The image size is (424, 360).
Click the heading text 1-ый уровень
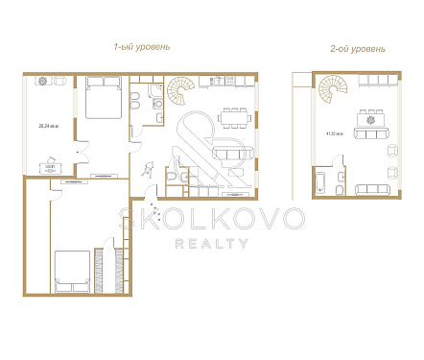pos(143,46)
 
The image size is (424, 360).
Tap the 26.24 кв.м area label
pos(45,126)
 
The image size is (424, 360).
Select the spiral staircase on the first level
pos(179,93)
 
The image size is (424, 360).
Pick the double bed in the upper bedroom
pos(100,98)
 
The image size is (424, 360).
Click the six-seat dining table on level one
pos(236,119)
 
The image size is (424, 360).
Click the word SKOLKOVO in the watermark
pos(211,219)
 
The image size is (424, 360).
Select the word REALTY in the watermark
pos(211,243)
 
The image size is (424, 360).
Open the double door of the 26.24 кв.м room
pos(81,149)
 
